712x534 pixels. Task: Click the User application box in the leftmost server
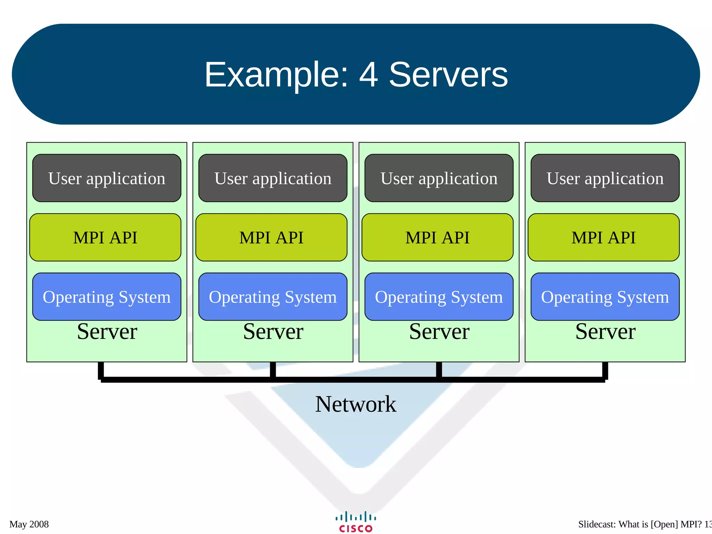[107, 178]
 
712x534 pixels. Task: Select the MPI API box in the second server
[271, 237]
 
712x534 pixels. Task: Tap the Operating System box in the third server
[439, 297]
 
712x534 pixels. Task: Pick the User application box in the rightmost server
[605, 178]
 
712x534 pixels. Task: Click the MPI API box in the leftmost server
[105, 237]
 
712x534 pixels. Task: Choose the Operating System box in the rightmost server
[605, 297]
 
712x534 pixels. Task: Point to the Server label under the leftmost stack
[107, 331]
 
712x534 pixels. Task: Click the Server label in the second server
[273, 331]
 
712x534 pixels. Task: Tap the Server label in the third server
[439, 331]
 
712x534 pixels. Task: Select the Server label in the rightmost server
[605, 331]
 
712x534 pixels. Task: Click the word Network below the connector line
[355, 404]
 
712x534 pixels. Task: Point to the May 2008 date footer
[29, 524]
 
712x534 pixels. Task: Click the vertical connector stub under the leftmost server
[101, 370]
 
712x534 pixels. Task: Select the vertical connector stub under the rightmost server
[605, 370]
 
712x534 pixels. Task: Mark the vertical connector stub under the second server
[273, 369]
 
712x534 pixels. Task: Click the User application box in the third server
[439, 178]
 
